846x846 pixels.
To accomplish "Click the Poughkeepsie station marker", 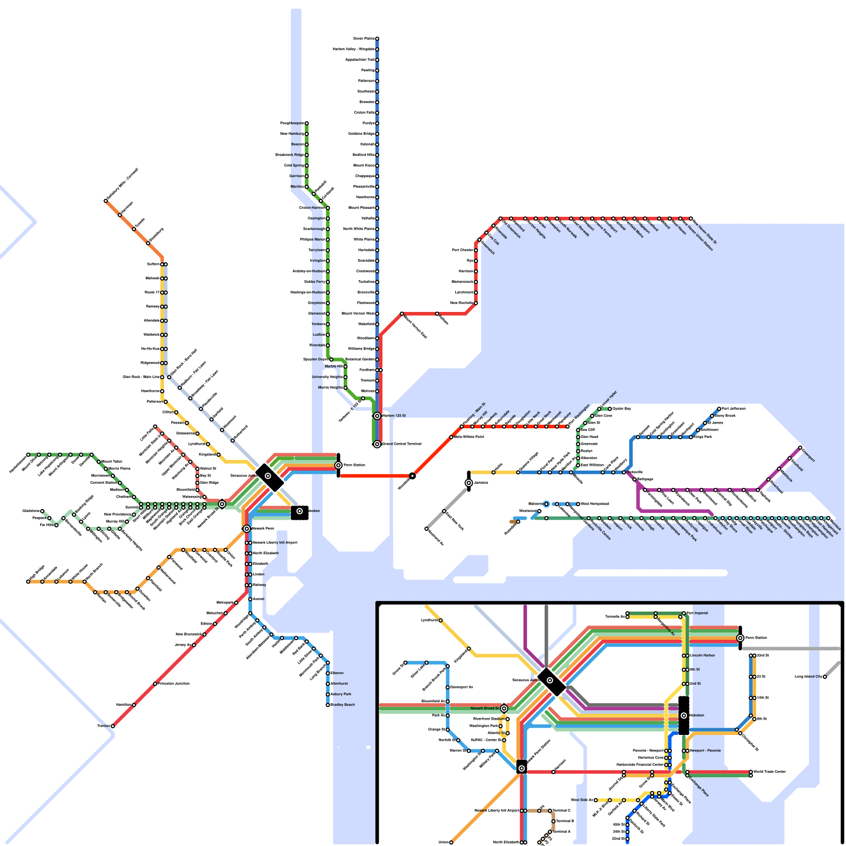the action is click(306, 123).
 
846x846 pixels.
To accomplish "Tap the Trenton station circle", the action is click(113, 726).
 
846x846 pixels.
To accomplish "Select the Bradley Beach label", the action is click(343, 705).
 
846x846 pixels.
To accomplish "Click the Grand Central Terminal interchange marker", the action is click(377, 444).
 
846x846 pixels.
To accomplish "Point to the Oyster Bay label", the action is click(622, 409).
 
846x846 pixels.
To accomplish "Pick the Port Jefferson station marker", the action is click(719, 409).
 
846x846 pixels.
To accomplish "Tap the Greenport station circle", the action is click(800, 448).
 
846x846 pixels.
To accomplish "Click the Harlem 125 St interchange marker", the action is click(377, 416).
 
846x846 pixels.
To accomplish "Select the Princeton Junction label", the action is click(174, 684).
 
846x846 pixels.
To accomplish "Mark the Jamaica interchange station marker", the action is click(469, 483).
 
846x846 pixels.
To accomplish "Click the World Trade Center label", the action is click(769, 772).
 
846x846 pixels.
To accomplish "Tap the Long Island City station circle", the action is click(824, 677).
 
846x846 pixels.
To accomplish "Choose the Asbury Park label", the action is click(341, 694).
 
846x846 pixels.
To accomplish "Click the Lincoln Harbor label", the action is click(703, 656).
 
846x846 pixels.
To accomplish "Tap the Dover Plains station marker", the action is click(377, 39).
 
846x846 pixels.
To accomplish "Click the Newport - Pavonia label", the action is click(705, 751).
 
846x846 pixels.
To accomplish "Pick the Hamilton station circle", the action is click(134, 705).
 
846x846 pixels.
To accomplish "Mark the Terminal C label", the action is click(562, 811).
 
